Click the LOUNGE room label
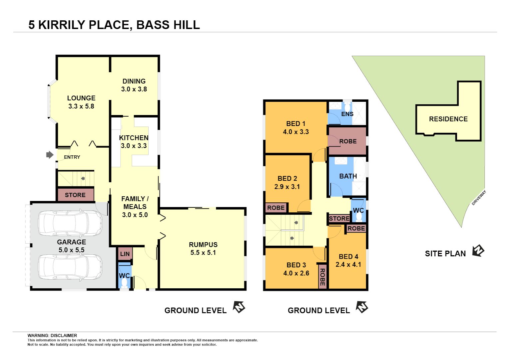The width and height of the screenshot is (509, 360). click(81, 98)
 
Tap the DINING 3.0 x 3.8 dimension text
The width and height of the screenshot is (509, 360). click(134, 89)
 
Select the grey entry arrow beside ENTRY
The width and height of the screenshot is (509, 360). click(50, 155)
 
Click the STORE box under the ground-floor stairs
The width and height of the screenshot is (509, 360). click(75, 195)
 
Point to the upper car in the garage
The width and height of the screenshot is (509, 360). click(70, 223)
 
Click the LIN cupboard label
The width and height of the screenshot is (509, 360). click(125, 254)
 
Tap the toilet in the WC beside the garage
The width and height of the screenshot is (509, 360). click(124, 283)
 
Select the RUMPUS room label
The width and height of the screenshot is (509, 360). click(203, 245)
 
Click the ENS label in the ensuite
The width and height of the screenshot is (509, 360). click(347, 114)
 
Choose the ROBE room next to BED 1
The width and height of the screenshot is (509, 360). click(348, 141)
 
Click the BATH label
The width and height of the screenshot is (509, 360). click(348, 176)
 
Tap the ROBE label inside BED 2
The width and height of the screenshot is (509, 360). click(276, 208)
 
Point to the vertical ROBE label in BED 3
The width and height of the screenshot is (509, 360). click(322, 277)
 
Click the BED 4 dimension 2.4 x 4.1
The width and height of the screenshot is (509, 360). click(348, 265)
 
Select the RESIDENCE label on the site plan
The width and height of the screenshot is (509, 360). click(448, 119)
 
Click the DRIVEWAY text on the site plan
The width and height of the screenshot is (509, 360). click(479, 198)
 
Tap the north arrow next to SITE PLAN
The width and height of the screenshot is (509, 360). click(478, 251)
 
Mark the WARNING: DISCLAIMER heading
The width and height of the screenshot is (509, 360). click(52, 335)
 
